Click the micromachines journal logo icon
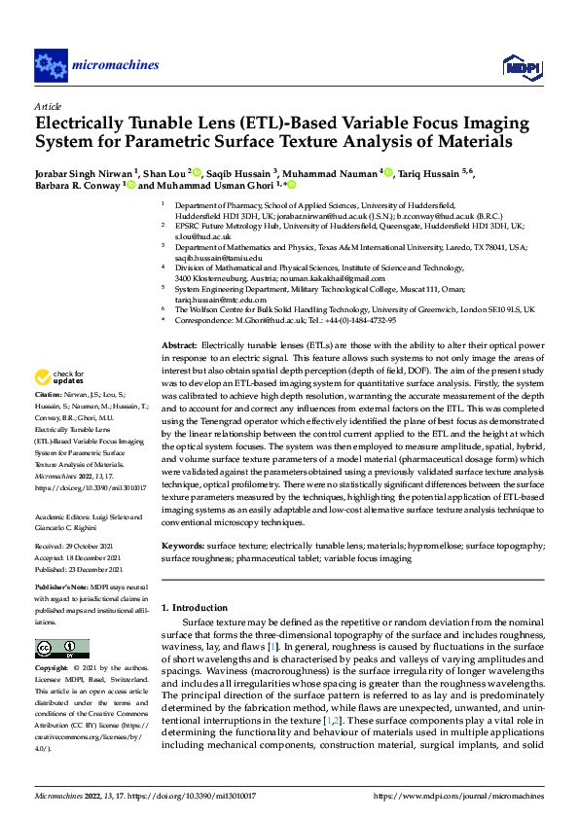51,66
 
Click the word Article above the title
48,105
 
